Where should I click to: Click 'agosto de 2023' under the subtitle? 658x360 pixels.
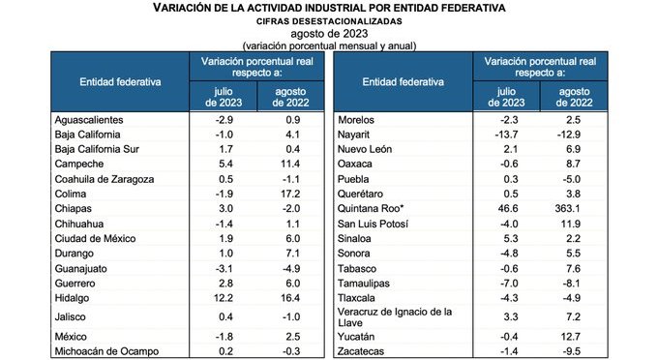point(329,33)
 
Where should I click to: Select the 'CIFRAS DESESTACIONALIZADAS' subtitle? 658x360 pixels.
point(329,20)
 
